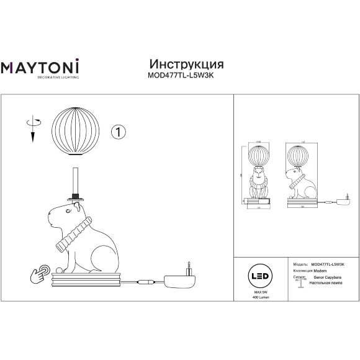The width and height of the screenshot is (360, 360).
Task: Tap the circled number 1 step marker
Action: (119, 132)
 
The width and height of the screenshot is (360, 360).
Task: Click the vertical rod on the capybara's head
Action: (76, 180)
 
